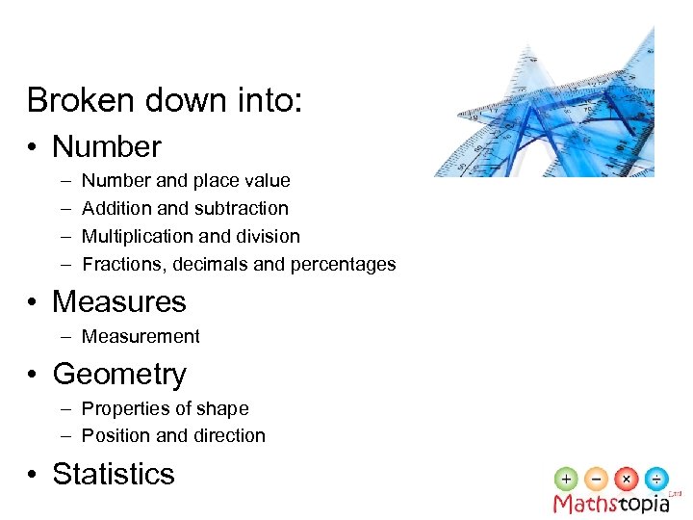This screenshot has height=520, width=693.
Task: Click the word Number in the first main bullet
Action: tap(107, 147)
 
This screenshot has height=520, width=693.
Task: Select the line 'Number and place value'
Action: tap(186, 181)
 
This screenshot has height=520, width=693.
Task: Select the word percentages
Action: tap(346, 264)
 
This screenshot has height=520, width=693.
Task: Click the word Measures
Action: tap(119, 302)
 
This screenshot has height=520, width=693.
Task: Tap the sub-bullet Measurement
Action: tap(141, 337)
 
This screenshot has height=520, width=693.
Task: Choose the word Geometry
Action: tap(119, 375)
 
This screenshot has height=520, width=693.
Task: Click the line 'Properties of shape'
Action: tap(165, 409)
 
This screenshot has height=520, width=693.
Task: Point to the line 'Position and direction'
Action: tap(173, 436)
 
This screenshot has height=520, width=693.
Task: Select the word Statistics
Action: tap(114, 475)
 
